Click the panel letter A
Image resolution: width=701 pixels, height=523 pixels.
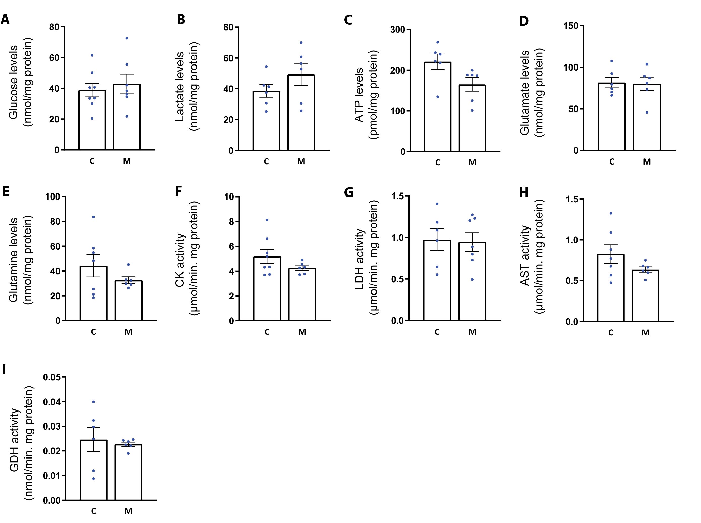tap(5, 19)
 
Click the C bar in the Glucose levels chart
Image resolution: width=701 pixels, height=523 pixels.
tap(92, 120)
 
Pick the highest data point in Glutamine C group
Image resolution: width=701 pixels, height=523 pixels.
tap(93, 217)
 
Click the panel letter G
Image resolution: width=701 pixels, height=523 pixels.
tap(348, 192)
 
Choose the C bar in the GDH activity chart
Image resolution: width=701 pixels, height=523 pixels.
tap(93, 470)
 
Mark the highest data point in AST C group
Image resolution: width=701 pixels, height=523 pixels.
tap(611, 213)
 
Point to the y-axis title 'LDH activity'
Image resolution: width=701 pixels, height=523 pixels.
tap(360, 259)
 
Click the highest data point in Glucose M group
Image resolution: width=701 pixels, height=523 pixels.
tap(127, 38)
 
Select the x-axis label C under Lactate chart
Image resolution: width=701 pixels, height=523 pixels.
tap(266, 162)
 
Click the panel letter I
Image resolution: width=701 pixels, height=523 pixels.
tap(4, 370)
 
